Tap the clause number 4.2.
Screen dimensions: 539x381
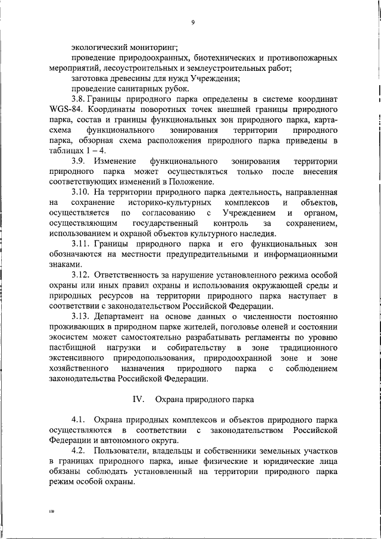pyautogui.click(x=79, y=451)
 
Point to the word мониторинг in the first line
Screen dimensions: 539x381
pyautogui.click(x=151, y=47)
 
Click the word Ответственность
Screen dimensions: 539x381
pyautogui.click(x=139, y=275)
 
